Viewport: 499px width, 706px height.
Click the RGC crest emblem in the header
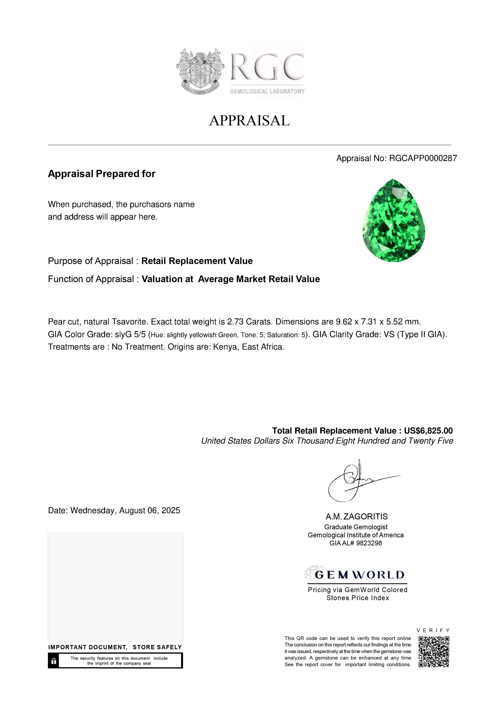pos(200,71)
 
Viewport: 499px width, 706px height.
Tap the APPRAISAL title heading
pos(249,121)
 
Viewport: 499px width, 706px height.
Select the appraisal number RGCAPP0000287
pos(423,158)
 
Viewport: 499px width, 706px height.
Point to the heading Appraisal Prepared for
pos(101,174)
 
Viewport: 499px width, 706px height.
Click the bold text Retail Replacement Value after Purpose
pos(197,261)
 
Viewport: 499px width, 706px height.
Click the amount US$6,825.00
pos(428,431)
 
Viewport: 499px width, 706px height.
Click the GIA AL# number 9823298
pos(369,543)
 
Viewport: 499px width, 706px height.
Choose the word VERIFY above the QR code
pos(433,630)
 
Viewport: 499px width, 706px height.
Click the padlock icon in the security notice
pos(54,661)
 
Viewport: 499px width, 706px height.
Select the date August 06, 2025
pos(149,510)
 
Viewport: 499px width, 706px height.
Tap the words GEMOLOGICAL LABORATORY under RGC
pos(267,92)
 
